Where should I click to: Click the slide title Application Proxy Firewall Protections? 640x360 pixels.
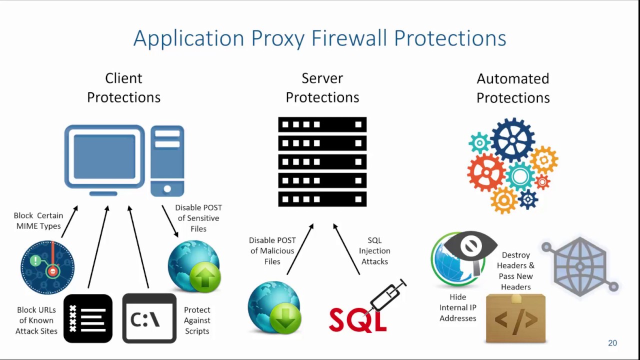pos(319,38)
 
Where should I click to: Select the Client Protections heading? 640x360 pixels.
pos(123,87)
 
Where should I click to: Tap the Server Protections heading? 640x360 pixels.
pos(322,87)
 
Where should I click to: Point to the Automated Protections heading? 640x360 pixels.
pos(512,88)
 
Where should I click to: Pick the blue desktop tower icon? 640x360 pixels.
pos(167,160)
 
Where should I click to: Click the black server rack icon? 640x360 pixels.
pos(322,161)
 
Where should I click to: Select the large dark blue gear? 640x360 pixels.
pos(512,140)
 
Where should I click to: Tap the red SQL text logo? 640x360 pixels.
pos(358,318)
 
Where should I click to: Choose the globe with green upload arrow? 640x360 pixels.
pos(194,266)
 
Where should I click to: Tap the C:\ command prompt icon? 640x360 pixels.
pos(149,318)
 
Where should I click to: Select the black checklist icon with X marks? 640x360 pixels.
pos(88,318)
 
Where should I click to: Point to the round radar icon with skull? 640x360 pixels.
pos(47,267)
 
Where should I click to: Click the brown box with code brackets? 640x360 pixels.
pos(515,318)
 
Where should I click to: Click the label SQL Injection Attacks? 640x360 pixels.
pos(374,251)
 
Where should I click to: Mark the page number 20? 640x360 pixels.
pos(612,343)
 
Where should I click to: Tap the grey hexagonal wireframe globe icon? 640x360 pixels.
pos(580,266)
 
